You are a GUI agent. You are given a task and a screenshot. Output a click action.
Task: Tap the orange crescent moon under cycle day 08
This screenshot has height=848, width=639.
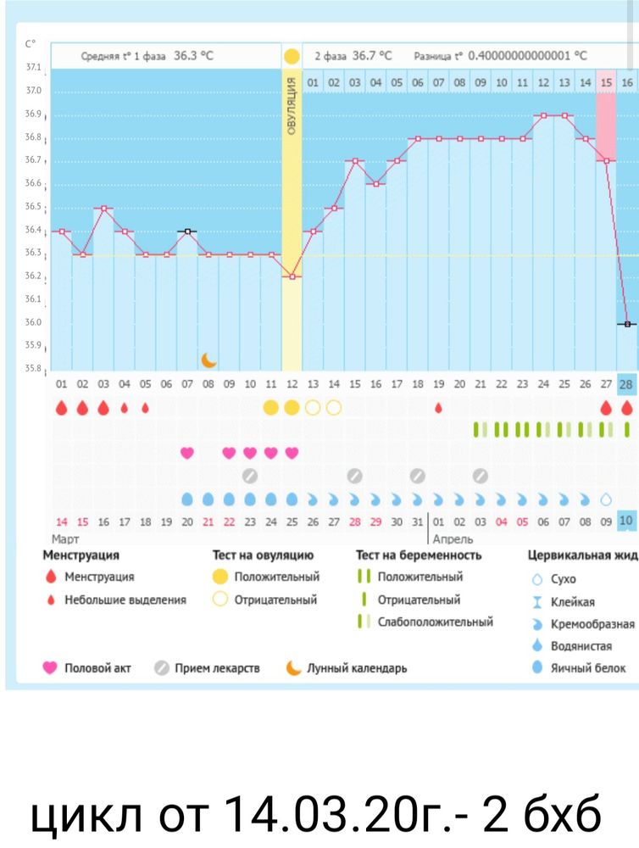(x=208, y=360)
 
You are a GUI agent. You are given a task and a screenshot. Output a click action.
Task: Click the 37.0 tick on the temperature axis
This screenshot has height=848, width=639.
(x=34, y=91)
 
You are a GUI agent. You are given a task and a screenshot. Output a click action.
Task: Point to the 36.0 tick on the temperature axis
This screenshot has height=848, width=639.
(x=34, y=322)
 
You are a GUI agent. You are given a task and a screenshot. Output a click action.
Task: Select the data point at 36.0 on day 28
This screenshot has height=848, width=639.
(x=627, y=324)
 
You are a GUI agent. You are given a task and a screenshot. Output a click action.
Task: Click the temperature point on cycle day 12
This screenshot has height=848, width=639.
(x=292, y=276)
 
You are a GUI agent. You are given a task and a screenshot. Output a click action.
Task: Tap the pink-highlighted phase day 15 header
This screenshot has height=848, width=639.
(x=606, y=82)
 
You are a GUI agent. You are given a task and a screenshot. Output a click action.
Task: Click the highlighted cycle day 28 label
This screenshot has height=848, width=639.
(x=627, y=384)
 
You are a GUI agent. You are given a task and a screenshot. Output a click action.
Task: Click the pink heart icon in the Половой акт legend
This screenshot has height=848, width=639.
(x=50, y=668)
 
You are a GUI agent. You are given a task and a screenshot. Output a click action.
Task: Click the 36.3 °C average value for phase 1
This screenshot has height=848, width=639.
(x=193, y=56)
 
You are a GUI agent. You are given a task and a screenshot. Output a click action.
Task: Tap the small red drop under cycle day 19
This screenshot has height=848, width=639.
(x=438, y=408)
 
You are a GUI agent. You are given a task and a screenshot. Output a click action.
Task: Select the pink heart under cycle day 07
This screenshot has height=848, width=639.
(x=187, y=453)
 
